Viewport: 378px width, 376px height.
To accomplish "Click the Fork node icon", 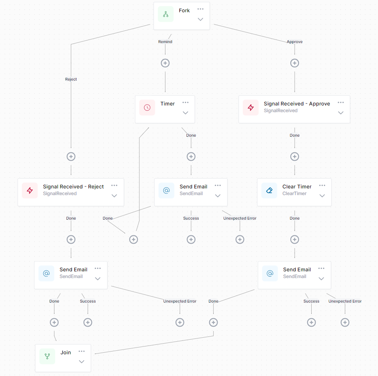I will coord(165,14).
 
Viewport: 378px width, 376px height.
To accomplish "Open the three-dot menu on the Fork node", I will coord(200,9).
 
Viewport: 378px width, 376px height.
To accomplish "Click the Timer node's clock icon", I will coord(147,107).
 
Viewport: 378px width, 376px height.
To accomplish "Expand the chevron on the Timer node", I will coord(186,113).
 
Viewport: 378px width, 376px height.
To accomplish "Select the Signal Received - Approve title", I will coord(297,103).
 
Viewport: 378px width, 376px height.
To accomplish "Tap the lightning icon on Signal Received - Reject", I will coord(30,190).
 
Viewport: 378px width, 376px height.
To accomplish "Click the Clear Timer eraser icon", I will coord(269,190).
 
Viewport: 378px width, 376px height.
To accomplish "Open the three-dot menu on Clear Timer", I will coord(322,185).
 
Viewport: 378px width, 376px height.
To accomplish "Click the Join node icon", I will coord(47,356).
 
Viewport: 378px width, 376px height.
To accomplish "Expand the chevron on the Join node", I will coord(81,361).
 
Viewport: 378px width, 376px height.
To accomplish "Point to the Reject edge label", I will coord(71,79).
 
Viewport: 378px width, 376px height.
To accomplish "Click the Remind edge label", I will coord(165,41).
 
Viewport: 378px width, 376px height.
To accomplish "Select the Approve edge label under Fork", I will coord(295,41).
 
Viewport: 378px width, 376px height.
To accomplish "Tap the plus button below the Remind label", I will coord(165,63).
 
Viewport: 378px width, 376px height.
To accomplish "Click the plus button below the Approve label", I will coord(295,63).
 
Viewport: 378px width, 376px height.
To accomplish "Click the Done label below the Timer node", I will coord(191,135).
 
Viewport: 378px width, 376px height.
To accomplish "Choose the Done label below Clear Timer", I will coord(295,218).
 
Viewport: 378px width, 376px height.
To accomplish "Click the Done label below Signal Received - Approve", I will coord(295,135).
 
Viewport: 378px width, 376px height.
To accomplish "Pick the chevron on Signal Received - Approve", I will coord(341,113).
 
